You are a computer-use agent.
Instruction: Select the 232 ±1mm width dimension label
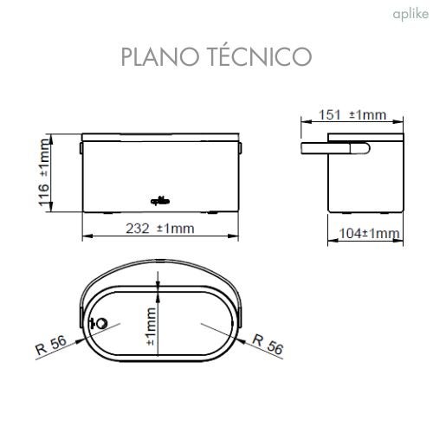pyautogui.click(x=164, y=229)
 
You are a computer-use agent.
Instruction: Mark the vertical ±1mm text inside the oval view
pyautogui.click(x=151, y=327)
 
